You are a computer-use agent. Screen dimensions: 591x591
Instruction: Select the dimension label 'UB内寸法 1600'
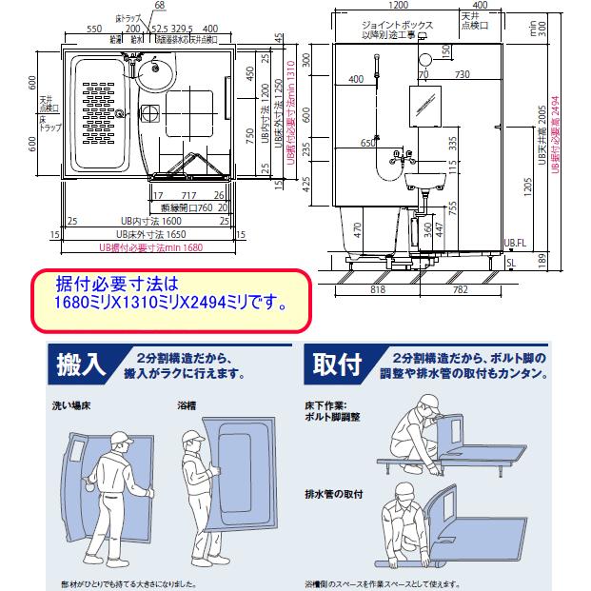click(123, 220)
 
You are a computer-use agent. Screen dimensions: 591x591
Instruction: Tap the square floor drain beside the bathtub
click(150, 113)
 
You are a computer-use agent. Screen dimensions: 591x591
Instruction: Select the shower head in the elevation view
click(378, 62)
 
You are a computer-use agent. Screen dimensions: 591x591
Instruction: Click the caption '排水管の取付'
click(326, 493)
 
